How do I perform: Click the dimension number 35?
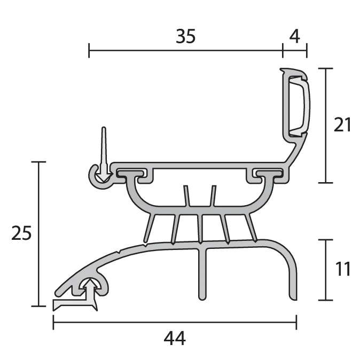[x=186, y=36]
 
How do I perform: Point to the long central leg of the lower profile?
[x=202, y=272]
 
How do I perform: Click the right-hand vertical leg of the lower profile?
[x=292, y=278]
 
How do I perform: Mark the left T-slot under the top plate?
[x=131, y=174]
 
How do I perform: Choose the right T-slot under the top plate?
[x=267, y=174]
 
